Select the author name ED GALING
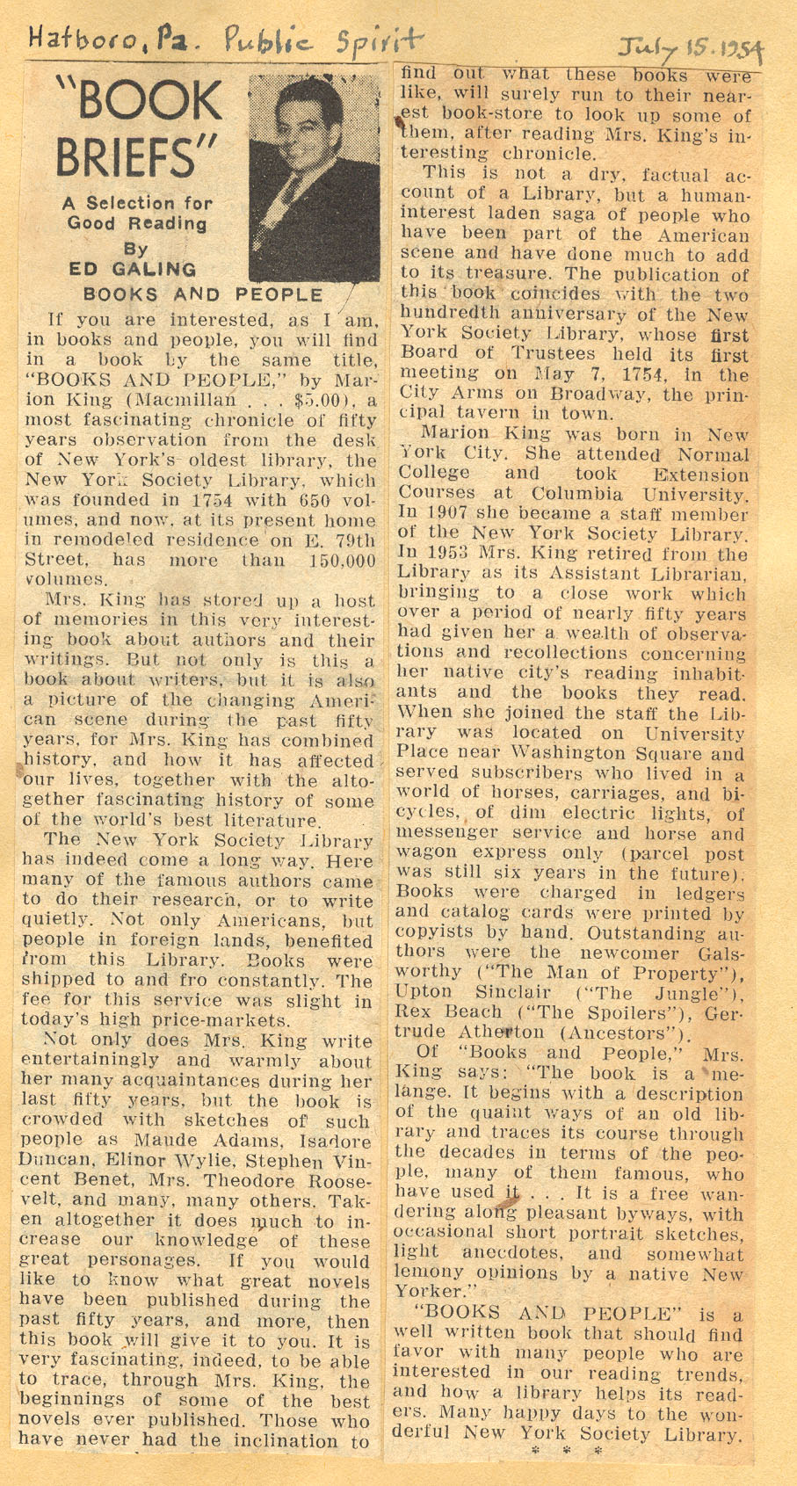132,269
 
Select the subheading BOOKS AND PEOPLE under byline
202,294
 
